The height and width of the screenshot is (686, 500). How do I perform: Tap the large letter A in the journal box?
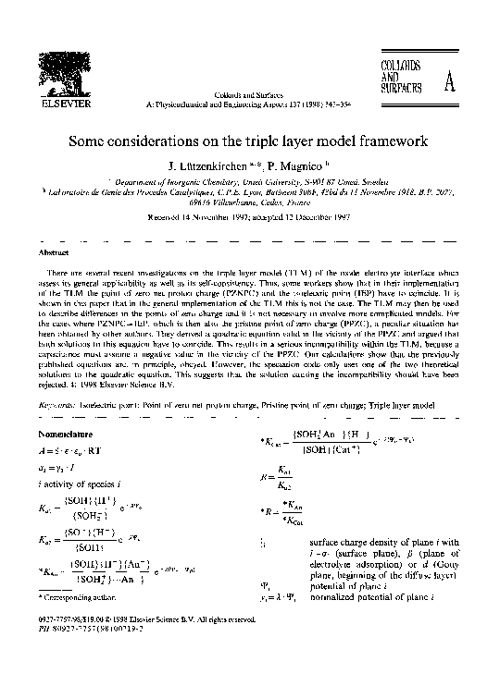450,83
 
